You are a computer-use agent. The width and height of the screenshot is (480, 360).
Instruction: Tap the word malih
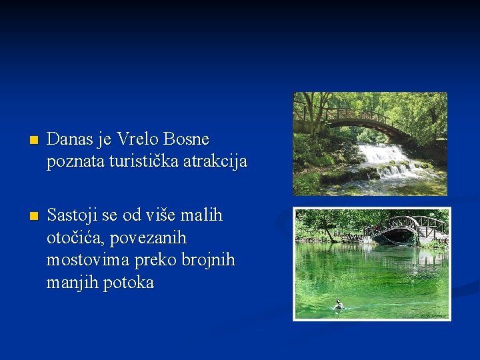[x=201, y=216]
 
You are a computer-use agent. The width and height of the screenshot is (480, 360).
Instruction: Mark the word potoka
[x=132, y=283]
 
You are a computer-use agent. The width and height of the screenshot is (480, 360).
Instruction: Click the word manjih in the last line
[x=70, y=283]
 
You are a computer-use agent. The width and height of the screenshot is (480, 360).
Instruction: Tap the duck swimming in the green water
[x=339, y=305]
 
